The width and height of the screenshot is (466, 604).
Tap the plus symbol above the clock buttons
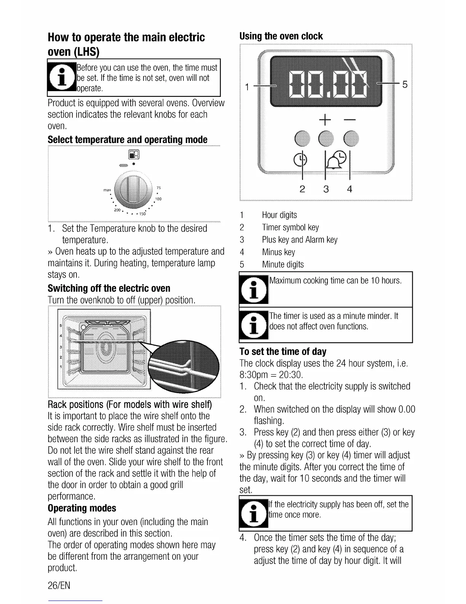(x=325, y=121)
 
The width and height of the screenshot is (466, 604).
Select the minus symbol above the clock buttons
(x=349, y=121)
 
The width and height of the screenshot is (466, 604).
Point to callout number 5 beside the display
(x=405, y=85)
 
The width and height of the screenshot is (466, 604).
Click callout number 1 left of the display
(x=247, y=87)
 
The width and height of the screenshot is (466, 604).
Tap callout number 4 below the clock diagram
(x=349, y=189)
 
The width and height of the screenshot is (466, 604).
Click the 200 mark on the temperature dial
(x=117, y=210)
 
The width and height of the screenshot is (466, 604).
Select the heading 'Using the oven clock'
(x=281, y=36)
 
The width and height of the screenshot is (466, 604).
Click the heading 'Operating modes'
(x=82, y=508)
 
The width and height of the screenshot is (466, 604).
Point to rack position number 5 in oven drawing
(x=61, y=326)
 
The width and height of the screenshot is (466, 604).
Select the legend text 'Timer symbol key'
(x=290, y=228)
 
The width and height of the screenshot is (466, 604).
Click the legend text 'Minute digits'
(x=282, y=265)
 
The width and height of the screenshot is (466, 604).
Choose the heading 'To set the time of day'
(x=283, y=352)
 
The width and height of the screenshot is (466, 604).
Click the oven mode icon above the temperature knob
(x=134, y=154)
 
